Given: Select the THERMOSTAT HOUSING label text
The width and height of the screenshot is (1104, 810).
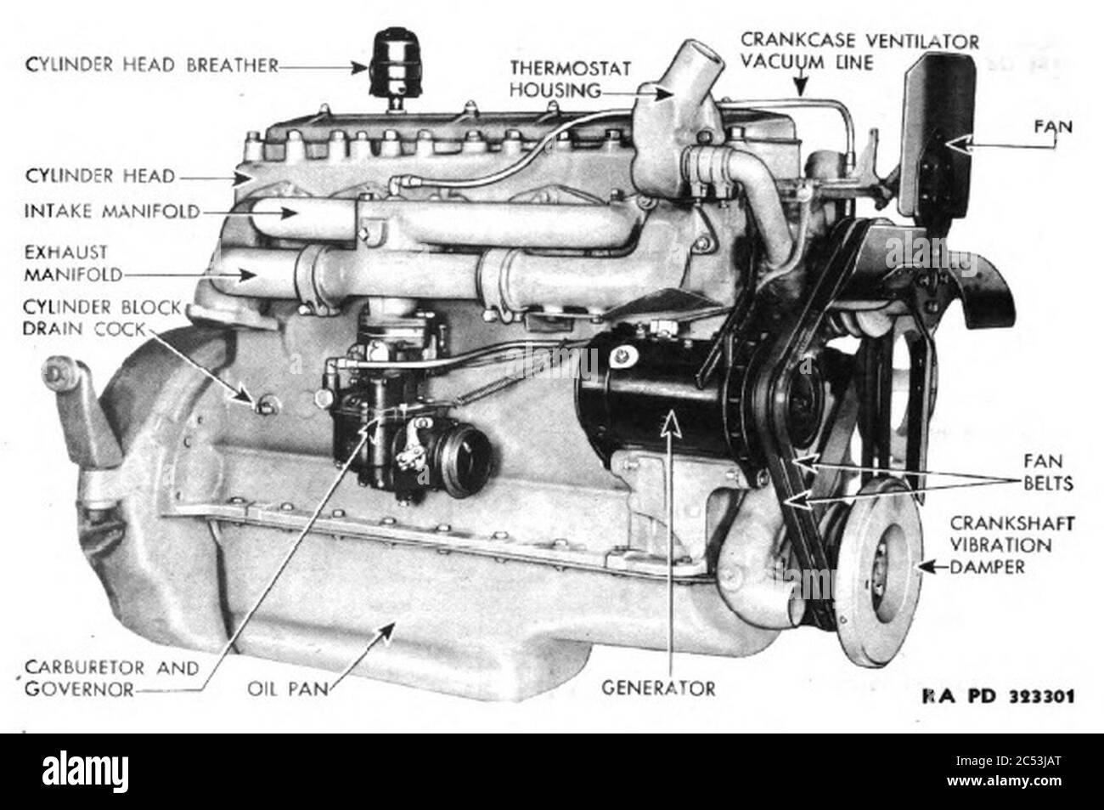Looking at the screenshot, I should point(571,79).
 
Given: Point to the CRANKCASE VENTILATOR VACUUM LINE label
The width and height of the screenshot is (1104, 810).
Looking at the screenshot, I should point(859,51).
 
